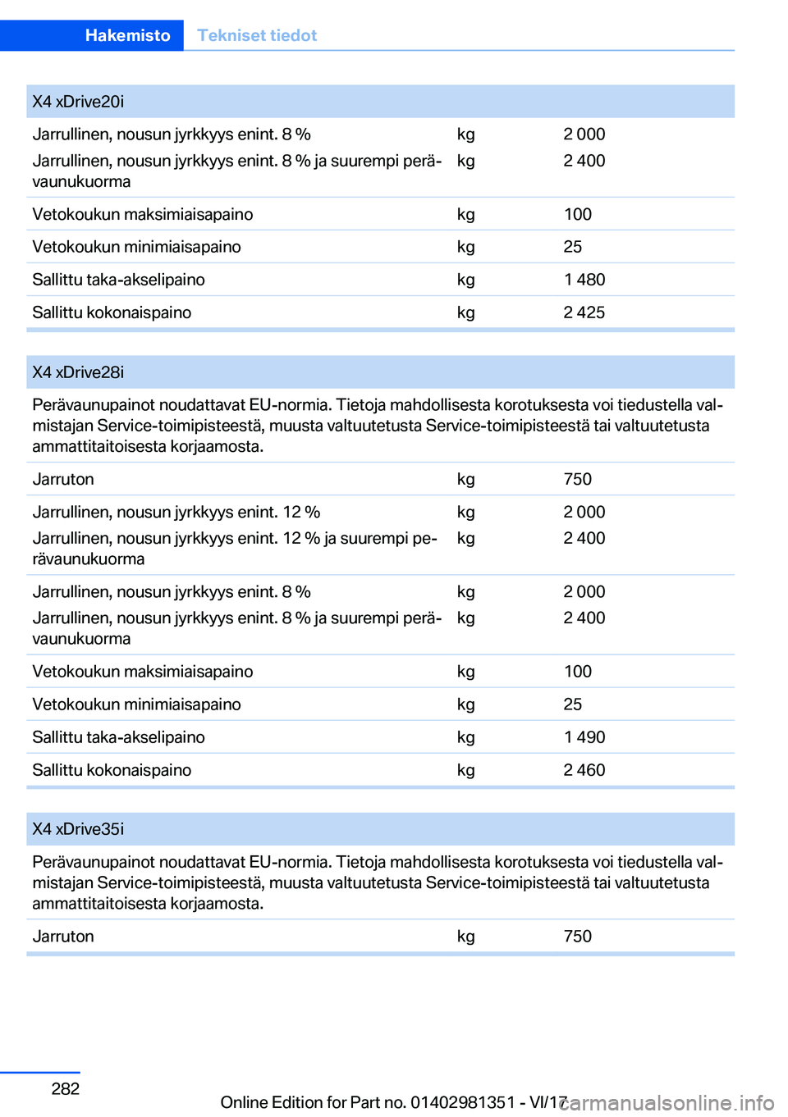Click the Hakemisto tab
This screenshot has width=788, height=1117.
coord(127,35)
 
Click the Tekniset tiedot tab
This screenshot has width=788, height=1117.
coord(257,35)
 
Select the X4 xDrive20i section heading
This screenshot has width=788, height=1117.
coord(78,102)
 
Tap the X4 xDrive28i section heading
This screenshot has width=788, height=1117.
coord(78,372)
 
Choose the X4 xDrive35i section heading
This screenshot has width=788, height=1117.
coord(78,829)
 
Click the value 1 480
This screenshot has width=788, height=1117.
coord(584,280)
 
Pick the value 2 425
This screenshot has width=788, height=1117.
coord(584,312)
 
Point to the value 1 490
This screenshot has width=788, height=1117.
coord(584,737)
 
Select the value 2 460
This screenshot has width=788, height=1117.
coord(584,770)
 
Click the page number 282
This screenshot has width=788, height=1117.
coord(66,1088)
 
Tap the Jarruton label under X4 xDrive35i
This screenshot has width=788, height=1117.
coord(63,937)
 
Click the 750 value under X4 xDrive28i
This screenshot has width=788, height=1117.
coord(577,479)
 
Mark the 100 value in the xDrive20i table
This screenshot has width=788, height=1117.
coord(577,214)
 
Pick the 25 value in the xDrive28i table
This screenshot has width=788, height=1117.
coord(572,704)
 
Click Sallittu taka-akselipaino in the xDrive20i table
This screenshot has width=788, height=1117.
coord(118,280)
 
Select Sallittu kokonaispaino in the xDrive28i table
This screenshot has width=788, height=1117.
coord(112,770)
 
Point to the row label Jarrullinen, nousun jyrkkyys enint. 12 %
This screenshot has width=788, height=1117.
coord(176,512)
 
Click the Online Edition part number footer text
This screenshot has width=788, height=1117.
coord(394,1102)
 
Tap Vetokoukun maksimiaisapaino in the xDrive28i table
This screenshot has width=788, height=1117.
coord(142,672)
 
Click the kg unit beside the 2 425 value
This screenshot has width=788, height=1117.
coord(465,312)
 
